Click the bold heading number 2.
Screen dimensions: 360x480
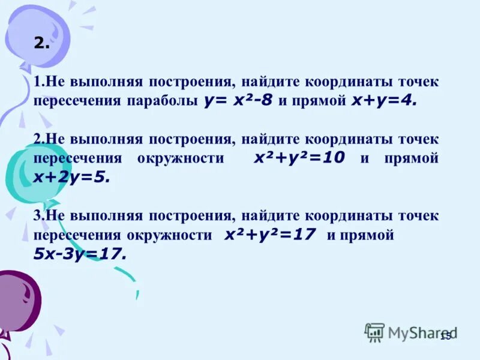[x=41, y=43]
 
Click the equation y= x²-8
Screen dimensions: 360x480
[x=238, y=100]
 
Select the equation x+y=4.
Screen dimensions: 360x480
[x=381, y=100]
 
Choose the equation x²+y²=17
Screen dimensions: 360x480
[x=270, y=235]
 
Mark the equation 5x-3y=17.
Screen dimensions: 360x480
[x=80, y=254]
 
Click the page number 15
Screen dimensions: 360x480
[x=445, y=336]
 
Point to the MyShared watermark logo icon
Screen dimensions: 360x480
[x=374, y=332]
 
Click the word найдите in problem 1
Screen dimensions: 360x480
[x=269, y=82]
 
